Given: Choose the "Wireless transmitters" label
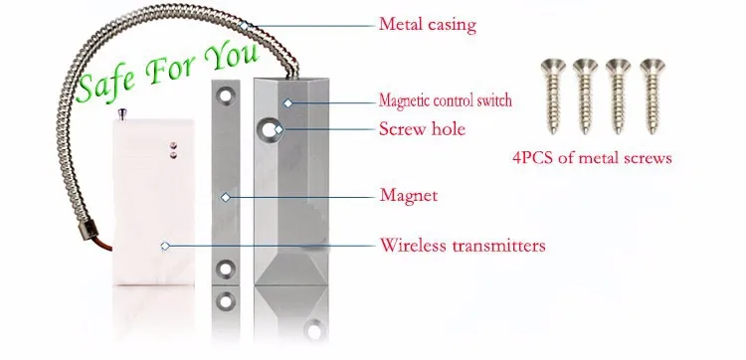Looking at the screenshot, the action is point(462,244).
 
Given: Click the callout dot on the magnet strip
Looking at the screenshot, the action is point(227,197).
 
